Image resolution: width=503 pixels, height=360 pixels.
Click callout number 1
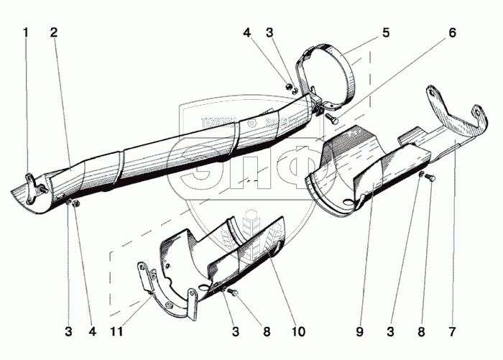click(x=27, y=33)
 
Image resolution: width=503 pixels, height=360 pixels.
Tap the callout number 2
click(x=55, y=33)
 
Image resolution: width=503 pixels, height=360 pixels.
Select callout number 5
click(x=386, y=33)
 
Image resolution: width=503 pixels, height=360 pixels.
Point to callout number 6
click(x=452, y=33)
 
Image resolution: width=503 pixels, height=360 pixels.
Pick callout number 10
click(x=297, y=332)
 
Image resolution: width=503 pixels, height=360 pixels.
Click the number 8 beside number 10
click(x=267, y=332)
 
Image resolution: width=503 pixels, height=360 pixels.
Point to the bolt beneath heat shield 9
click(x=429, y=177)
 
